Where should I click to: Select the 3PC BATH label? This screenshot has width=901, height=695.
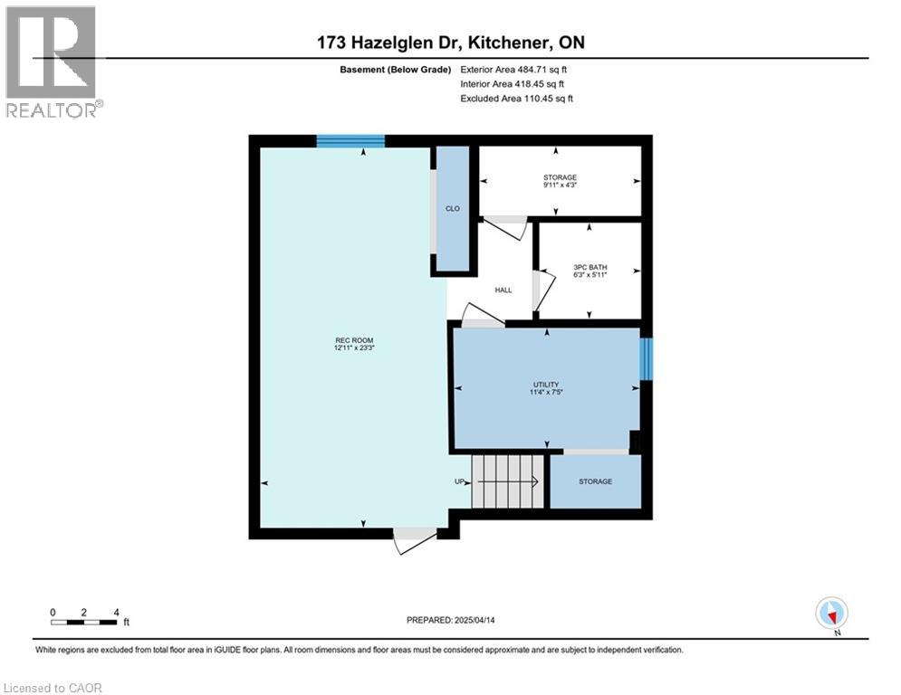(x=589, y=268)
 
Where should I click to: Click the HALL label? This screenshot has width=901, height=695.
(x=503, y=290)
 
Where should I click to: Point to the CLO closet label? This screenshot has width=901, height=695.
(x=452, y=209)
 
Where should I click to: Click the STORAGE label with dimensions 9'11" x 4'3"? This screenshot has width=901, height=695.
(x=560, y=177)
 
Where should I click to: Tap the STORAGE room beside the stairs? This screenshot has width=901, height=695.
(x=595, y=481)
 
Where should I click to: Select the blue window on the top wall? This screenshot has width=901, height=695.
(x=350, y=140)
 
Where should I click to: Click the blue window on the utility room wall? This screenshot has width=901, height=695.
(x=645, y=359)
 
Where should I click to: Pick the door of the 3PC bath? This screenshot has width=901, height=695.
(x=542, y=287)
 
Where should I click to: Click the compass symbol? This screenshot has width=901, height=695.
(x=830, y=613)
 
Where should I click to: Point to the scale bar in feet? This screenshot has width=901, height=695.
(x=83, y=621)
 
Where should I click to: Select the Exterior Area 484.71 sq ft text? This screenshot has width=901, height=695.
(x=513, y=69)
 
